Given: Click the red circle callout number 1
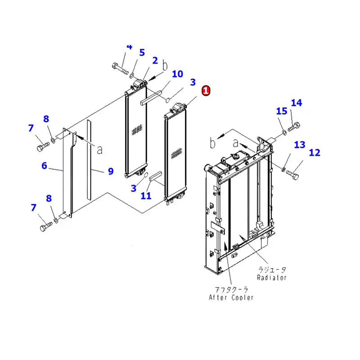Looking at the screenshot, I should pos(206,90).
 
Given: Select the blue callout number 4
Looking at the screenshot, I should pos(130,47).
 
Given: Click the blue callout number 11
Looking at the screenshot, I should pos(145,196).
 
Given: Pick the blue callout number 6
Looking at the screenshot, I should pos(44,166).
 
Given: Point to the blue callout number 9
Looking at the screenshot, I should pos(111,171).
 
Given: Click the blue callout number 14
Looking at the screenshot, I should pos(296,103).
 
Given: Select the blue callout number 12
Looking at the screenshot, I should pos(315,153).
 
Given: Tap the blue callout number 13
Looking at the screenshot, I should pos(300,144).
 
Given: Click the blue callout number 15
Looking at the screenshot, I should pos(281,111).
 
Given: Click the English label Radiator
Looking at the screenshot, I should pos(272,278).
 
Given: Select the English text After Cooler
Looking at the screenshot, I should pos(231,297).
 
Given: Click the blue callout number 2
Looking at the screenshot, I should pos(155,60).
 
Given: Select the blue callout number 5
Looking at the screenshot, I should pos(142,53).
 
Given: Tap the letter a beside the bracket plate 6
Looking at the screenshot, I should pos(99,149).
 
